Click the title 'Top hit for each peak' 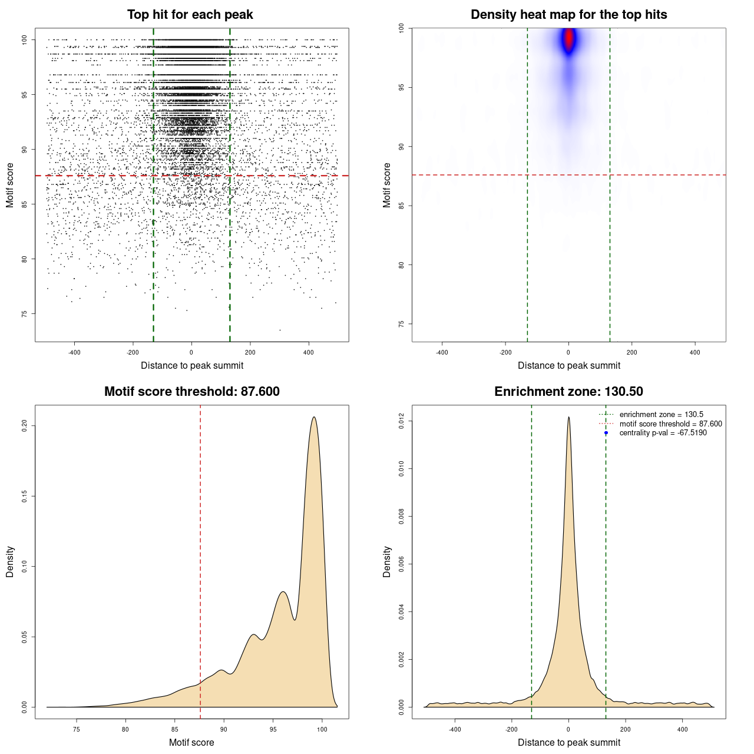click(x=190, y=15)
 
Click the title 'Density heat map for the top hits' click(x=568, y=15)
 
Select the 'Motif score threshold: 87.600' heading click(x=191, y=392)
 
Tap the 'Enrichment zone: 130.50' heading click(x=568, y=392)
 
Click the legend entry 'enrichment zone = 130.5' click(x=661, y=415)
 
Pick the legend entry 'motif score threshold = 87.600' click(x=670, y=424)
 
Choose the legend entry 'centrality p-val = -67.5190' click(x=663, y=433)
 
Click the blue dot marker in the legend click(x=606, y=433)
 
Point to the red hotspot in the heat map click(x=568, y=39)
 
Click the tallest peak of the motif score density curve click(x=314, y=418)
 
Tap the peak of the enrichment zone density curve click(x=568, y=418)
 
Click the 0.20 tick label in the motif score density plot click(x=25, y=425)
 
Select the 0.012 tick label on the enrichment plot click(x=402, y=421)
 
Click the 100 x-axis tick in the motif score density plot click(x=322, y=729)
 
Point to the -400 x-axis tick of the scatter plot click(x=74, y=352)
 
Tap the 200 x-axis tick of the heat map click(x=631, y=352)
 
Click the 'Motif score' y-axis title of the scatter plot click(x=10, y=185)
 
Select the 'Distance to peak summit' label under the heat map click(x=568, y=366)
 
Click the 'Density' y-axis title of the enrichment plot click(x=387, y=561)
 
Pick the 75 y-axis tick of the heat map click(x=402, y=324)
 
